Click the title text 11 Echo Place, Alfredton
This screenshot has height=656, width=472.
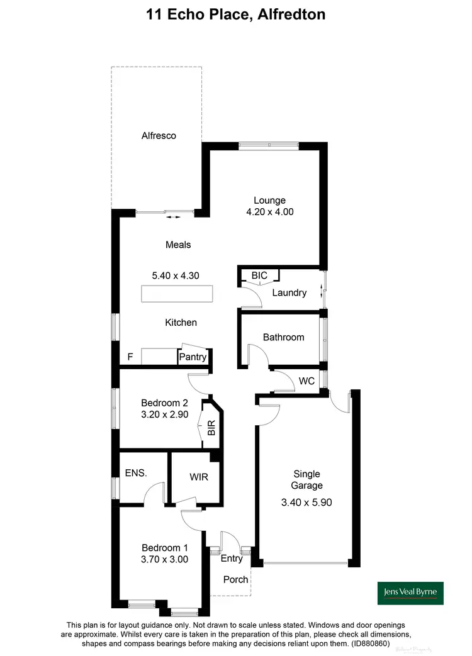tap(235, 13)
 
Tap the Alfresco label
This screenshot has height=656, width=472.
tap(159, 135)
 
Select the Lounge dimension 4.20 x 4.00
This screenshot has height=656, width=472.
tap(270, 212)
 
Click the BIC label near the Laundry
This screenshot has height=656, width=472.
tap(259, 275)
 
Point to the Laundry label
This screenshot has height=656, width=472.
tap(289, 292)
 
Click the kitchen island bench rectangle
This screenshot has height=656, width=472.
tap(176, 294)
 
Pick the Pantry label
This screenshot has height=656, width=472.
tap(193, 357)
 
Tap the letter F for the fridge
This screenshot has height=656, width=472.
tap(130, 357)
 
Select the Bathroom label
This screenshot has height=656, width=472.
tap(283, 337)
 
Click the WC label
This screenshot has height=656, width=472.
tap(306, 381)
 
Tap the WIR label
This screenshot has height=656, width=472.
tap(198, 477)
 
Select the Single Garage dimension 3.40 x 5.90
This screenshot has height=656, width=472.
tap(306, 502)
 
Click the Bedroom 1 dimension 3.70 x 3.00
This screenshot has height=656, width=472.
tap(165, 558)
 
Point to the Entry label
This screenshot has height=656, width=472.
tap(232, 558)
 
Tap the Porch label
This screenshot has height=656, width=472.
tap(236, 579)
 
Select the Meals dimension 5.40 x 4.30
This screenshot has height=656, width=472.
tap(176, 275)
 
